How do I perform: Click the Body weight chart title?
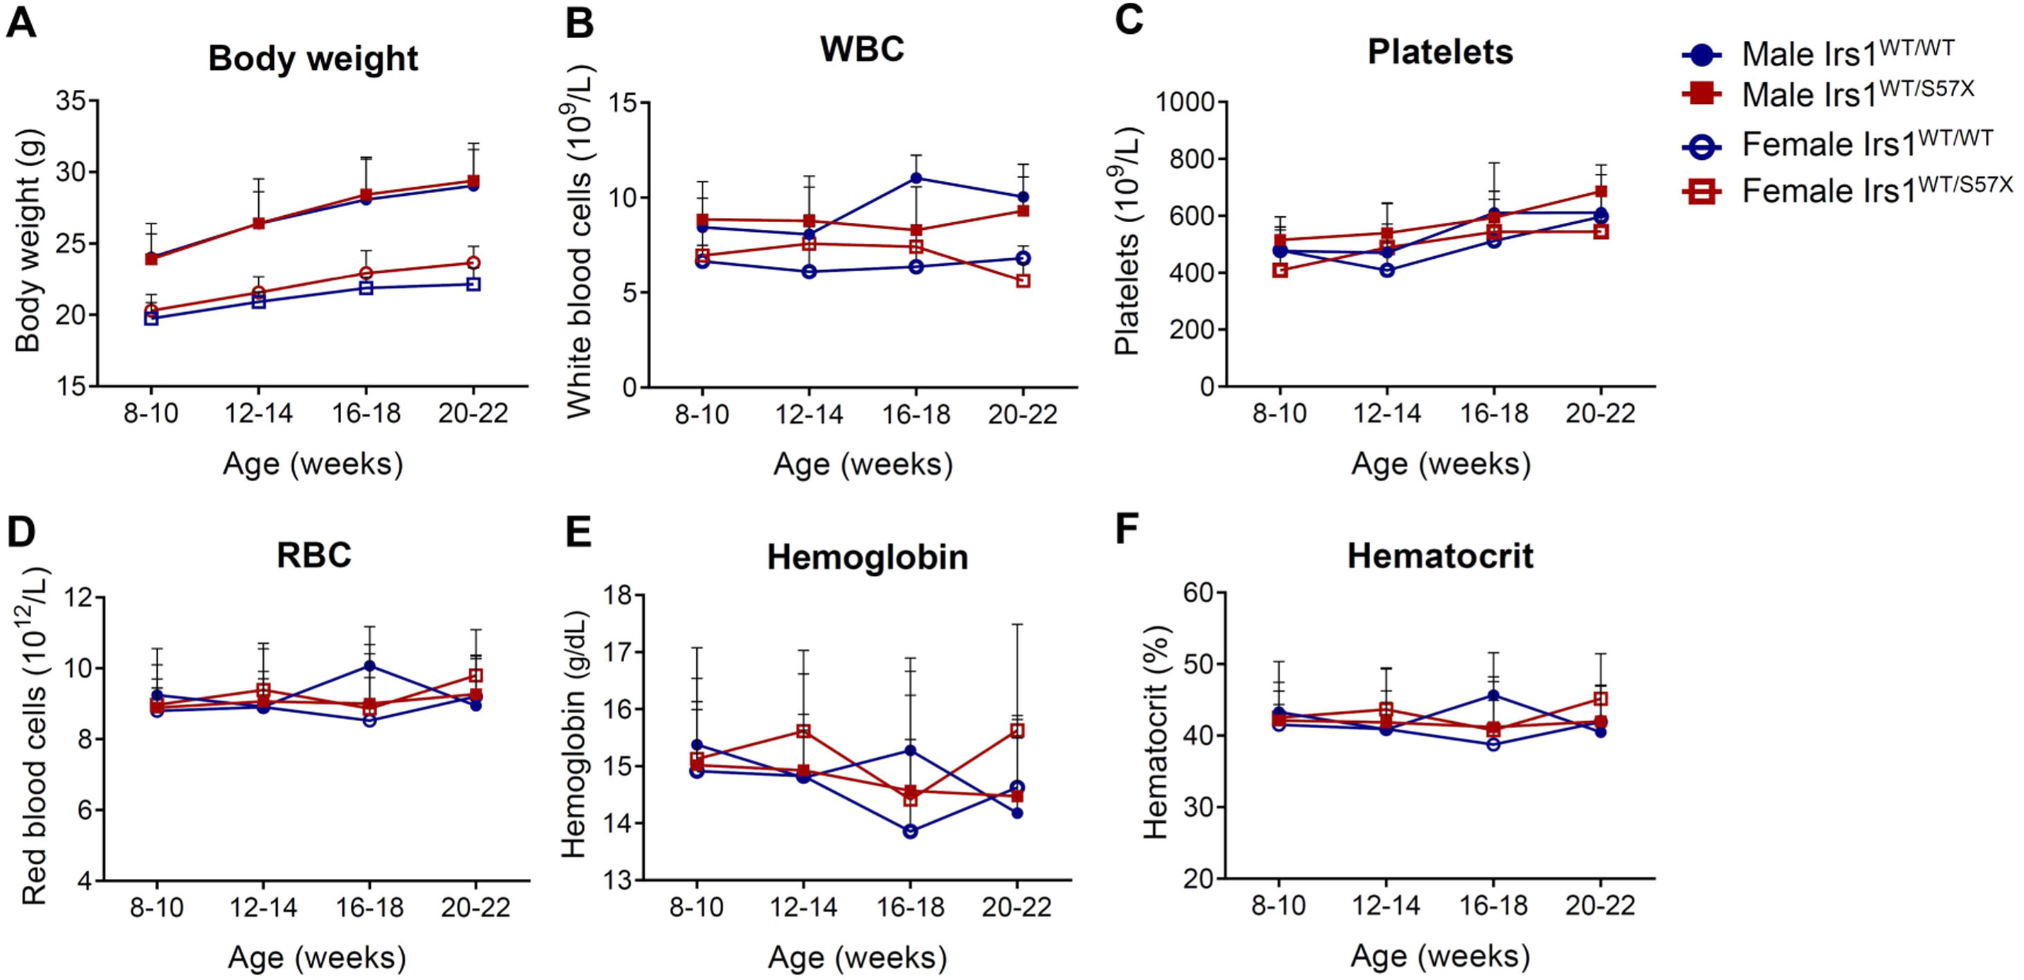313,60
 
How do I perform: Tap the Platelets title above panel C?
1440,52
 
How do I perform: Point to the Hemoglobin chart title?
868,557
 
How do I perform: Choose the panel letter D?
21,532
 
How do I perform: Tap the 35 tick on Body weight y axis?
71,101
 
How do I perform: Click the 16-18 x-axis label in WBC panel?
916,414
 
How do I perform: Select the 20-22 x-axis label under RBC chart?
475,908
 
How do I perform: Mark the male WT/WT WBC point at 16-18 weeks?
916,179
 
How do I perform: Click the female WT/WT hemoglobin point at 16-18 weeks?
911,831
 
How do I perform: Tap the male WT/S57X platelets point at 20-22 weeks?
1601,191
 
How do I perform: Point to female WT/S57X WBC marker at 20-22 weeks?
1023,280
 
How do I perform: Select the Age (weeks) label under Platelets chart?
1440,464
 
